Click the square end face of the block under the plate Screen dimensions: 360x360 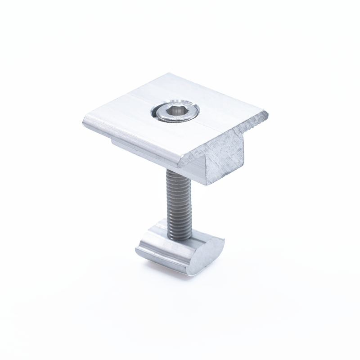[225, 160]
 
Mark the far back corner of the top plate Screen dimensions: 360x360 [170, 74]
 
